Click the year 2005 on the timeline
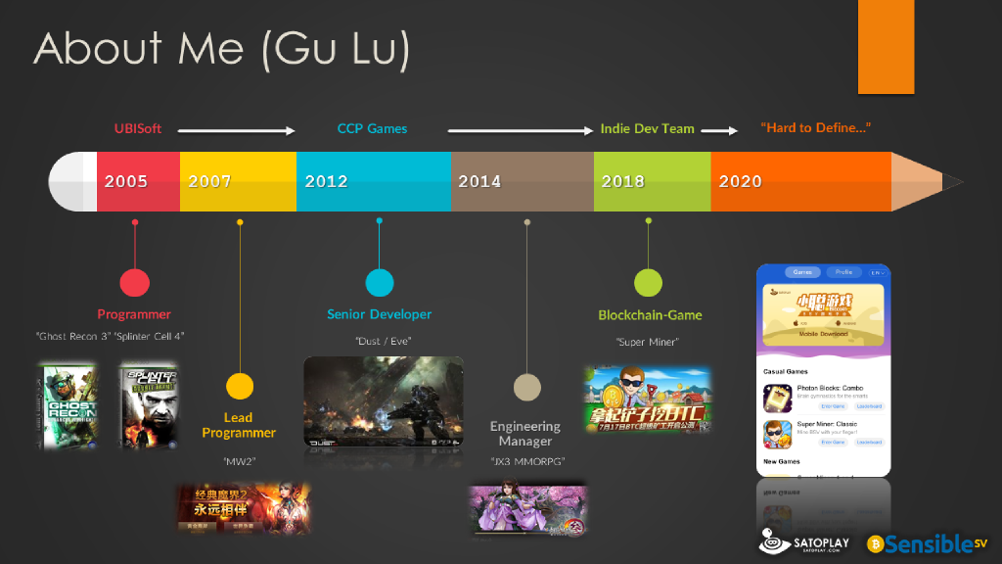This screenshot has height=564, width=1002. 126,181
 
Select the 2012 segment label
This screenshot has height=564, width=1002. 326,181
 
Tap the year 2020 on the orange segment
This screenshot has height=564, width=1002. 740,181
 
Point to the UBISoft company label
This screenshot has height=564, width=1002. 138,128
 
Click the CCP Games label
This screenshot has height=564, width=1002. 372,128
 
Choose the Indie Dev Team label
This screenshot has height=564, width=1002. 647,128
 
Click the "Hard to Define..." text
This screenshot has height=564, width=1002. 816,128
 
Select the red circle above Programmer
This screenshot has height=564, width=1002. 134,283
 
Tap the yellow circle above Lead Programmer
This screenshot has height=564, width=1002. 240,386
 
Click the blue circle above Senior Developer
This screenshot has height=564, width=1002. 380,283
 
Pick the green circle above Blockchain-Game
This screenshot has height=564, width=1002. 648,283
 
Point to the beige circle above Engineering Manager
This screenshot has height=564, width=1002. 527,387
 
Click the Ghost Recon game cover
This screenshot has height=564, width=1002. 68,405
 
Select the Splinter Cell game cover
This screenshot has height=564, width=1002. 148,405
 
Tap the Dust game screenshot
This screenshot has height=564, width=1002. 383,402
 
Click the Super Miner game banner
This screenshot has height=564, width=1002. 647,399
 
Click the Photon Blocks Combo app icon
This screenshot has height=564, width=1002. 777,398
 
